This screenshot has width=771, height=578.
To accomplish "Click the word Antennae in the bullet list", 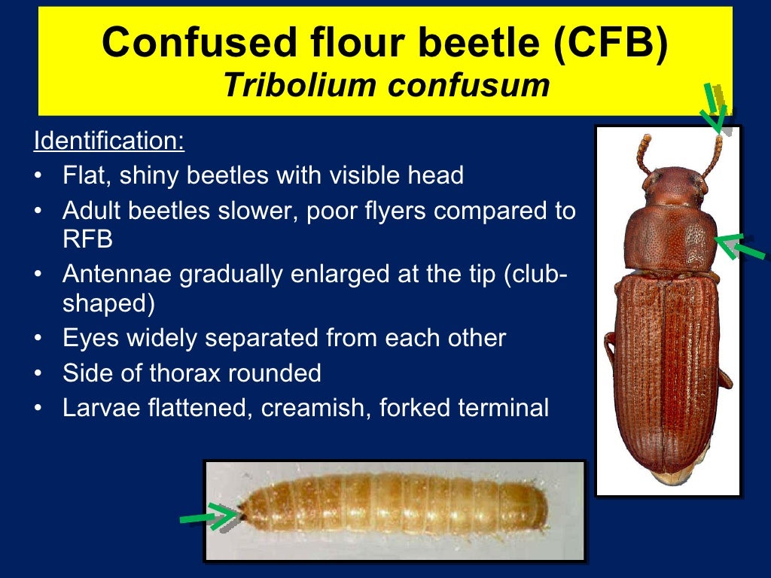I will point(116,275).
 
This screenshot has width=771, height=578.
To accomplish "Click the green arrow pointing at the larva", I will point(209,517).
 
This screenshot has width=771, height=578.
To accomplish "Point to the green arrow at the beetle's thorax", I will point(739,247).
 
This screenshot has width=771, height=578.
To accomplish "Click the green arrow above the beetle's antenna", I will point(715,109).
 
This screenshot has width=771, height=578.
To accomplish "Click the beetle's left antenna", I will point(644,154).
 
